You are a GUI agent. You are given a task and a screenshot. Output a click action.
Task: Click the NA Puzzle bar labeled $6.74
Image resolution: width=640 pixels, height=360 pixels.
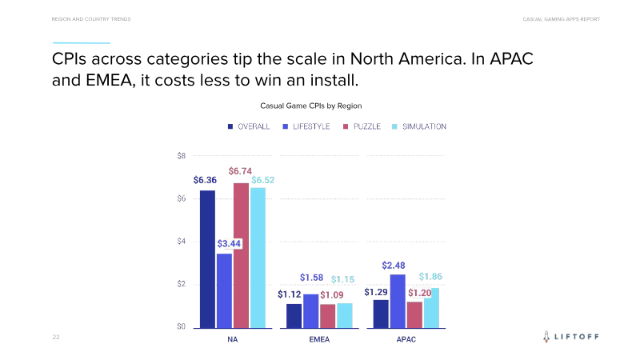(x=241, y=255)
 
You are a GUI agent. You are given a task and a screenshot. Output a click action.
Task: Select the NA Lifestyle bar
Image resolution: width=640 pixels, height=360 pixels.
(x=224, y=290)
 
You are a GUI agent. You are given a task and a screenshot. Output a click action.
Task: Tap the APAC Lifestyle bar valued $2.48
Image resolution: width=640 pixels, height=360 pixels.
(x=398, y=301)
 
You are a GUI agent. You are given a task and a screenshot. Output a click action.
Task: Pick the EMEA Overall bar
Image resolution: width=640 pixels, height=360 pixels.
(x=294, y=315)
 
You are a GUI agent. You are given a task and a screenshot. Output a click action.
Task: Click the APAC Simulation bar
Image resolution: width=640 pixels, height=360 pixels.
(x=431, y=308)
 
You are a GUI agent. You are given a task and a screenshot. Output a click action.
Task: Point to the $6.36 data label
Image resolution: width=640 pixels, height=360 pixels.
(x=205, y=181)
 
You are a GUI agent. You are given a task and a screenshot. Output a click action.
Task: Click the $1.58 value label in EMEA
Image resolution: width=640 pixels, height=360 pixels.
(x=311, y=278)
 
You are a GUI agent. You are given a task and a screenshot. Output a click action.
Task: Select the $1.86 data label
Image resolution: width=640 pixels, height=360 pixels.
(x=430, y=276)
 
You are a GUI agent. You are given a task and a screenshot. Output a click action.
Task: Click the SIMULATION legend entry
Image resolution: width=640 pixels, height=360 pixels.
(x=419, y=126)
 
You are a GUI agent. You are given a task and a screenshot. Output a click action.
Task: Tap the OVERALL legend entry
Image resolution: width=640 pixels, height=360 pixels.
(x=249, y=126)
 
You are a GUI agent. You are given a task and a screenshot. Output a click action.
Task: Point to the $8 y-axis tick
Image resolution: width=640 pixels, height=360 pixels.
(x=182, y=156)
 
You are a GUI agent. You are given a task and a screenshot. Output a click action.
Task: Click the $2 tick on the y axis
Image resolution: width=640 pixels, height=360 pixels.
(x=182, y=284)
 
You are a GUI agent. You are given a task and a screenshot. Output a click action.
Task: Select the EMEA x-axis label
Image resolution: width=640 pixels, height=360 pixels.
(x=319, y=339)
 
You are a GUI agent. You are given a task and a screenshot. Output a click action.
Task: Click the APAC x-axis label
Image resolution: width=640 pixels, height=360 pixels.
(x=406, y=339)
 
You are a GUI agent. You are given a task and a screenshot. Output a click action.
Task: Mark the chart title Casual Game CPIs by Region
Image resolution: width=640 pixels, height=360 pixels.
(x=312, y=105)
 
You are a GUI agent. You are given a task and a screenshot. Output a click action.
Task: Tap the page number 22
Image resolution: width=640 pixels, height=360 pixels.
(x=56, y=338)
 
